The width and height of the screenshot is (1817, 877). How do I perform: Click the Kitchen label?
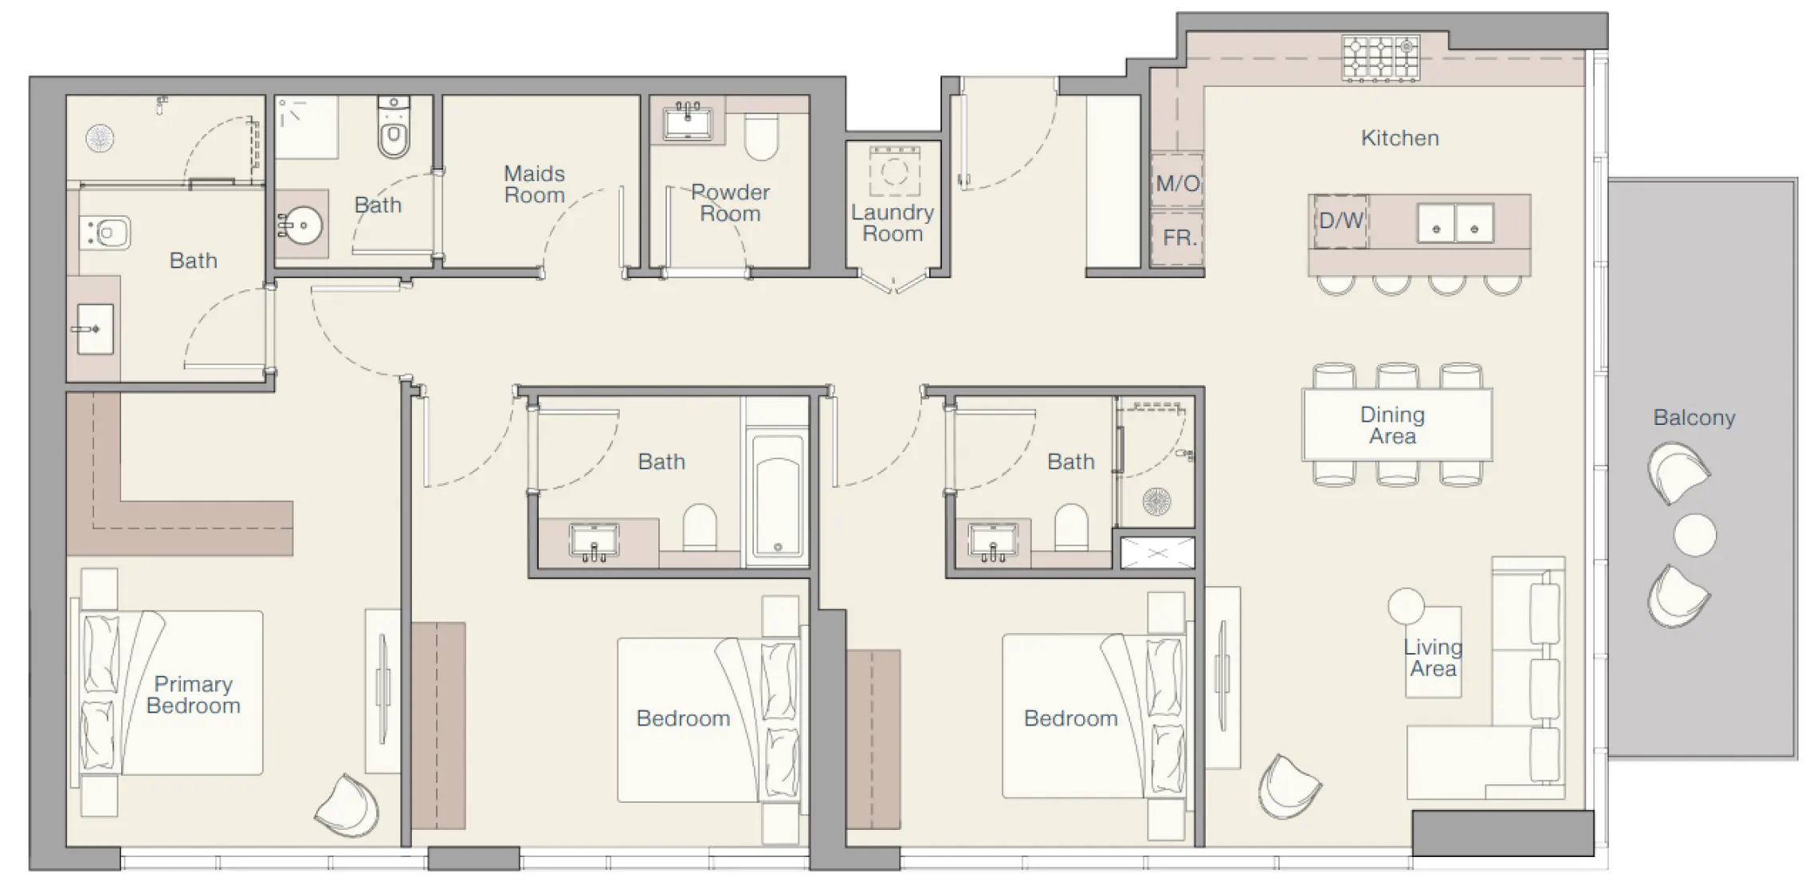click(x=1399, y=138)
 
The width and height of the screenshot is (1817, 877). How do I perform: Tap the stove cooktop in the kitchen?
click(x=1380, y=57)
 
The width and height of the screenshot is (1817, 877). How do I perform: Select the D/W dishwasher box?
click(x=1341, y=221)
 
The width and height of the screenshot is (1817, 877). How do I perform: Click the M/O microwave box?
click(x=1177, y=183)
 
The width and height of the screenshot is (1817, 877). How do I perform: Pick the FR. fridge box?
click(x=1178, y=238)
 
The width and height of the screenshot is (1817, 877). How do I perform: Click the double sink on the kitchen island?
click(x=1455, y=222)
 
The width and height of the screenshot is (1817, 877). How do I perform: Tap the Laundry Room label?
click(x=892, y=223)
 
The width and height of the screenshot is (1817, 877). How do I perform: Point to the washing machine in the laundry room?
click(x=894, y=171)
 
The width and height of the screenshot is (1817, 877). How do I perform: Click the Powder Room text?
click(x=730, y=203)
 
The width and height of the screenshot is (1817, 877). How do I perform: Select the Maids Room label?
click(x=534, y=184)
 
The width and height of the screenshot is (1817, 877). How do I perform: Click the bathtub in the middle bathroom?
click(x=777, y=494)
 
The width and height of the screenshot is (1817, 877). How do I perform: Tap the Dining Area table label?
click(x=1392, y=425)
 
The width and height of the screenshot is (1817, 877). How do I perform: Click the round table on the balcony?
click(x=1694, y=535)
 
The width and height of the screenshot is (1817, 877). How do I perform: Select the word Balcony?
click(x=1693, y=418)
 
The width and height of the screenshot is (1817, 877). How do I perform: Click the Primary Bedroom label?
click(x=193, y=694)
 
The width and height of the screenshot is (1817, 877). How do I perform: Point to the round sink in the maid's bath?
click(x=303, y=226)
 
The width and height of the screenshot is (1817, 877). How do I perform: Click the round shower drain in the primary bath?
click(x=100, y=138)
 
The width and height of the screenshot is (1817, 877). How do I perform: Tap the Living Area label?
click(x=1433, y=659)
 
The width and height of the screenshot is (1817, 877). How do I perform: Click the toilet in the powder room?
click(x=761, y=138)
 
